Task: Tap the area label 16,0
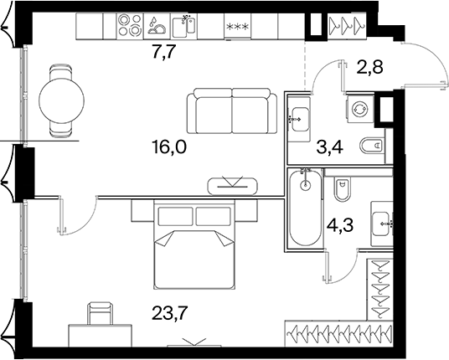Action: (x=170, y=147)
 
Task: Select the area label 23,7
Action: (x=170, y=313)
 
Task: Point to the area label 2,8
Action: (x=369, y=68)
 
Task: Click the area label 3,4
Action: (x=330, y=147)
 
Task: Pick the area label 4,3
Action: (x=340, y=225)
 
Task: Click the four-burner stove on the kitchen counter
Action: (x=130, y=25)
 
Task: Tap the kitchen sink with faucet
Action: (x=183, y=25)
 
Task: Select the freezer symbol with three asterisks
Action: (x=238, y=27)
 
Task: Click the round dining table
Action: (x=61, y=101)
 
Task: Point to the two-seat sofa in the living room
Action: (x=232, y=111)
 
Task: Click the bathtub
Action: (x=306, y=207)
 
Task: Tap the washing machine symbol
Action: (x=360, y=110)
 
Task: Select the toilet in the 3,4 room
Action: (x=372, y=146)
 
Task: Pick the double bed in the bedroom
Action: (x=194, y=244)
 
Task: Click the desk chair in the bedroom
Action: (x=100, y=313)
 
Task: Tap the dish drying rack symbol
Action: (x=157, y=25)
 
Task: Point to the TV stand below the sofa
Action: (x=233, y=187)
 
